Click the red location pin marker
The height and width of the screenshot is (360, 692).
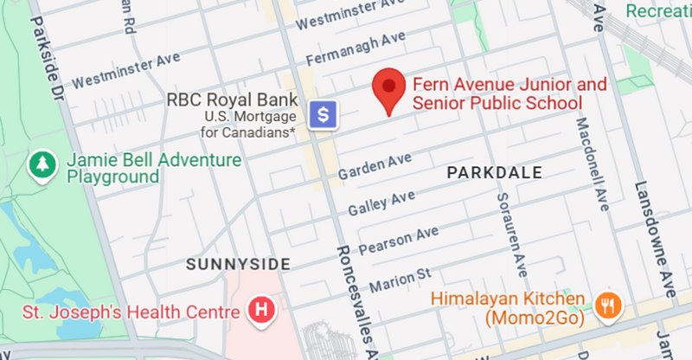pos(389,89)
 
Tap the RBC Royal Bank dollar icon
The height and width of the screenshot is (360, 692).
pos(324,113)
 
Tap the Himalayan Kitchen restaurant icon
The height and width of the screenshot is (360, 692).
pos(608,302)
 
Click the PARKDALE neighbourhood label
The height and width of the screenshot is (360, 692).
pos(494,173)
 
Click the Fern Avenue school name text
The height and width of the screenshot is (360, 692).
pos(497,94)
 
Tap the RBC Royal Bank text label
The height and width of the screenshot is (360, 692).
pos(232,100)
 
